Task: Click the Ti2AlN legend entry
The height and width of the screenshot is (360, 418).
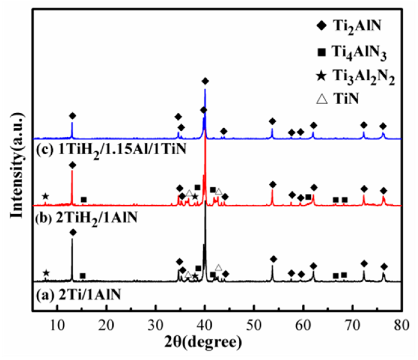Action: (x=349, y=26)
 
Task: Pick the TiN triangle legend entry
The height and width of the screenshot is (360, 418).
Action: (x=338, y=99)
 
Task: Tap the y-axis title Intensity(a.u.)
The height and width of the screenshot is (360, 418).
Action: (x=17, y=165)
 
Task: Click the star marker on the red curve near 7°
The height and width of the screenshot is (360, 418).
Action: (x=45, y=197)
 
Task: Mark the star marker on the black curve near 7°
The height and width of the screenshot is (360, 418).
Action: (x=46, y=273)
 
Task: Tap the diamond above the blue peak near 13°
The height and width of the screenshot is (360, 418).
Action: (x=72, y=116)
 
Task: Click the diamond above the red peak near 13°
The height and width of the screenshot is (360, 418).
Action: (x=72, y=165)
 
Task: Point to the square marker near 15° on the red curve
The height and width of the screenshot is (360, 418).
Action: (x=84, y=200)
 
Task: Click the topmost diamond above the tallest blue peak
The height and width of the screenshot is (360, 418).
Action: (x=205, y=81)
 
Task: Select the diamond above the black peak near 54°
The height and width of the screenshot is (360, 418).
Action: (x=273, y=259)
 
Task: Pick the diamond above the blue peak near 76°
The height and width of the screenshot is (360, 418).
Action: (x=383, y=126)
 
